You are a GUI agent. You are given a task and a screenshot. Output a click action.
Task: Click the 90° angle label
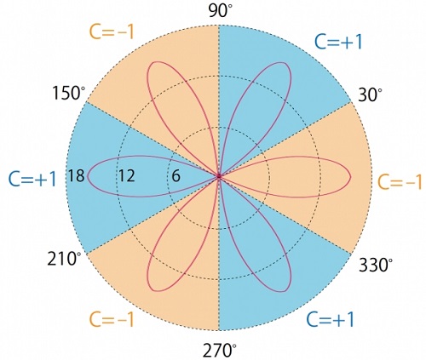[220, 12]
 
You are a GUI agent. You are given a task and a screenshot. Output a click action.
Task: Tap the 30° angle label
[370, 95]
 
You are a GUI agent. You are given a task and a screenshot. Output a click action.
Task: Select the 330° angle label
[376, 265]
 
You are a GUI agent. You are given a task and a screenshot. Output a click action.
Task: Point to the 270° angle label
[220, 350]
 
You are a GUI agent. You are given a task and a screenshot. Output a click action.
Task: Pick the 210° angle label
[64, 259]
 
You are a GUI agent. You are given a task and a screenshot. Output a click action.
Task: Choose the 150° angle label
[69, 93]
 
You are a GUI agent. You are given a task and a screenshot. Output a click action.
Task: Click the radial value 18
[76, 175]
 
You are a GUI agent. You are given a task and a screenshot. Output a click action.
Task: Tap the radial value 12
[126, 175]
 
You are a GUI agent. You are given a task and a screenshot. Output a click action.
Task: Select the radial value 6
[176, 176]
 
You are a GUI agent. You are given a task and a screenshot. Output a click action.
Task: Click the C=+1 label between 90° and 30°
[338, 43]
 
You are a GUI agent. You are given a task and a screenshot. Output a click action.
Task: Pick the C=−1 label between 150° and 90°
[112, 31]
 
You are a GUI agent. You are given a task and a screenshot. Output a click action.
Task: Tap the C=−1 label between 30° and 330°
[400, 181]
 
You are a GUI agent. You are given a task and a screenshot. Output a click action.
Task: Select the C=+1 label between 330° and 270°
[331, 319]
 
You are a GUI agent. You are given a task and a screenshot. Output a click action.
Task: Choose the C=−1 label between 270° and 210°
[112, 319]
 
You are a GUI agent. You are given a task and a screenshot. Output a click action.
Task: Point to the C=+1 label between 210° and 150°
[32, 180]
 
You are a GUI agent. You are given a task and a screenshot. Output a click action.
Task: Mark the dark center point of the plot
[219, 176]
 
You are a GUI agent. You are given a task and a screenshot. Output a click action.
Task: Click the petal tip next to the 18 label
[88, 176]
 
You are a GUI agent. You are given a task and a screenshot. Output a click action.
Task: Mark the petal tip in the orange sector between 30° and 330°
[351, 176]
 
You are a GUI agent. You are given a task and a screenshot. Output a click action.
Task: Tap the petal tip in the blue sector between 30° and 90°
[285, 63]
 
